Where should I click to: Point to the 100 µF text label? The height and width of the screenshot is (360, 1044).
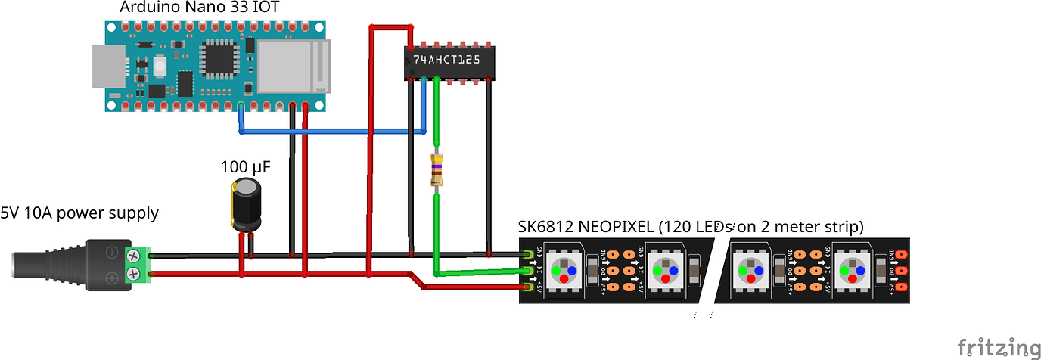pos(246,166)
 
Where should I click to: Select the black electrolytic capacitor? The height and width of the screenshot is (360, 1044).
pos(246,205)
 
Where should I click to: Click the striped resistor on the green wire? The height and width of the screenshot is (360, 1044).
pos(437,170)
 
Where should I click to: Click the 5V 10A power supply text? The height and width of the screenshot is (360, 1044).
pos(79,213)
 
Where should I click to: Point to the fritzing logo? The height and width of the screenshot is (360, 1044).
pos(999,347)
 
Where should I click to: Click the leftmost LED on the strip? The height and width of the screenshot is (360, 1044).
pos(563,270)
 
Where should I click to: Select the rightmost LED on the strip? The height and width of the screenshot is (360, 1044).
pos(853,270)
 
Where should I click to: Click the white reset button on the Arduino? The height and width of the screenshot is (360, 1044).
pos(160,67)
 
